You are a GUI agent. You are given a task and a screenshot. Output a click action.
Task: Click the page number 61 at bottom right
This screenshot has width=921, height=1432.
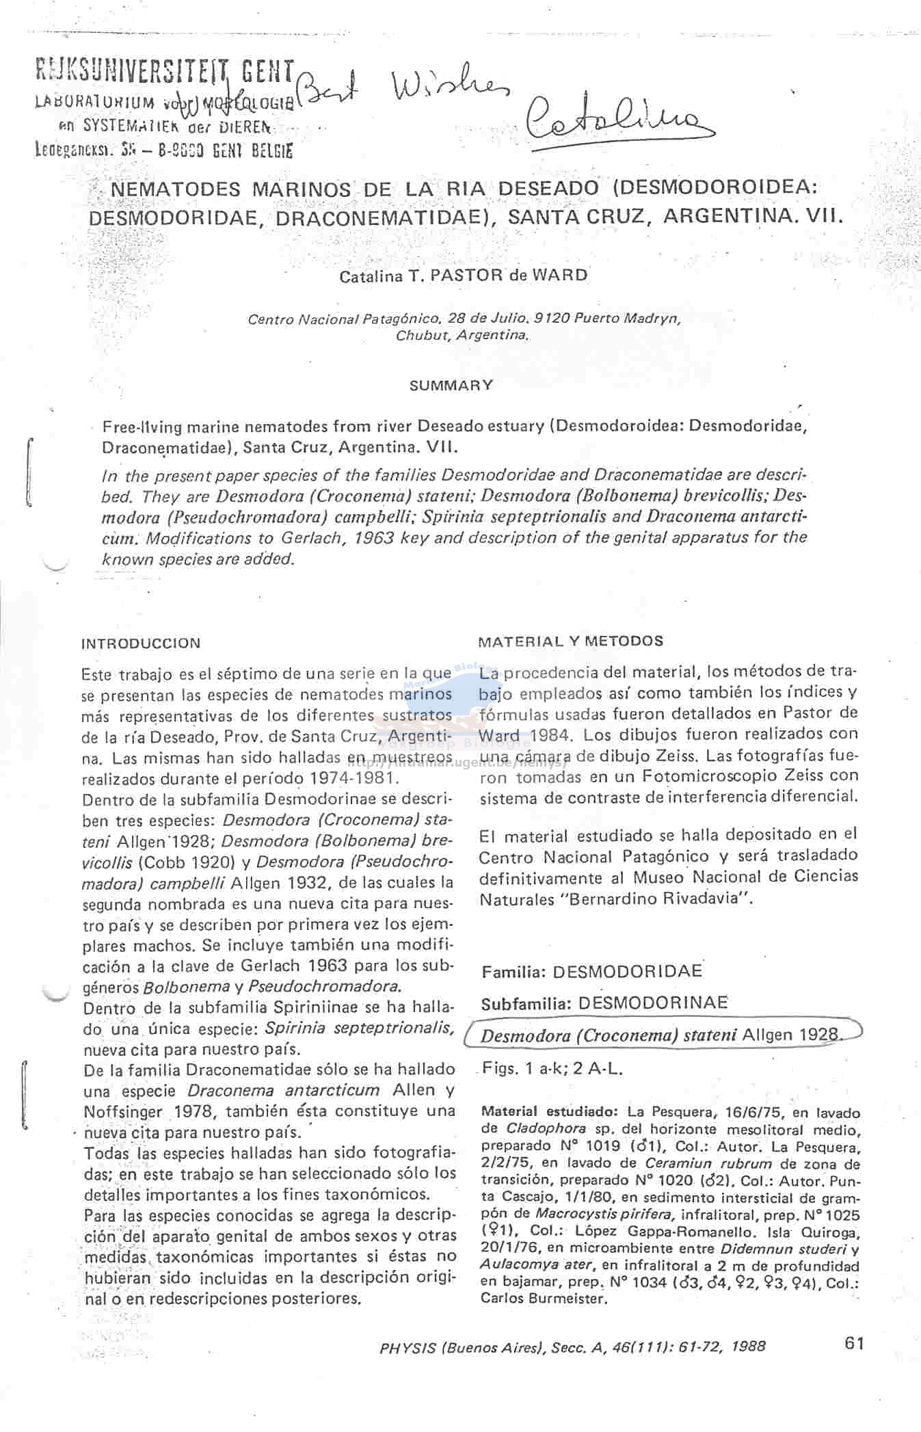(854, 1342)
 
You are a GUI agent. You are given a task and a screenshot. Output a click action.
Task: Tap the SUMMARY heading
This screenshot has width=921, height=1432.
(451, 385)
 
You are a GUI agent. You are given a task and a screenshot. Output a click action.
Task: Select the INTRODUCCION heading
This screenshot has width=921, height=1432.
(141, 644)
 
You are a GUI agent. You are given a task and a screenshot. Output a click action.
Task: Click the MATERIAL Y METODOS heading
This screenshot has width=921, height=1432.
(570, 641)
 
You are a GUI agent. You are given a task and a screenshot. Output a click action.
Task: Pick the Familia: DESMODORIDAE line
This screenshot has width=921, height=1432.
(591, 971)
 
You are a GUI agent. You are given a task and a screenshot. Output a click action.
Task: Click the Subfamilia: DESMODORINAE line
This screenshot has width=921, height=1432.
(604, 1003)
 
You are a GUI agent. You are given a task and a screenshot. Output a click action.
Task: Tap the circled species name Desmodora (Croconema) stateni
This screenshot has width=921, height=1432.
(609, 1035)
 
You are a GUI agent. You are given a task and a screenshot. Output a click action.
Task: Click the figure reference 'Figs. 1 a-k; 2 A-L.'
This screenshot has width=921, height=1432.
(552, 1068)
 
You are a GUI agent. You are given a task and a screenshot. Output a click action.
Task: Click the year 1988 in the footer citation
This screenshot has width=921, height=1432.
(748, 1347)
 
